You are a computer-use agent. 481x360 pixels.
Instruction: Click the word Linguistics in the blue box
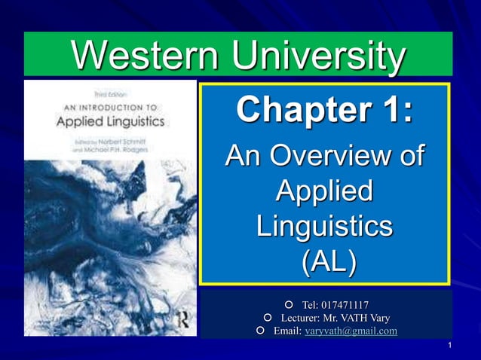point(324,227)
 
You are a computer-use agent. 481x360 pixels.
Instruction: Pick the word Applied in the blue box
point(324,192)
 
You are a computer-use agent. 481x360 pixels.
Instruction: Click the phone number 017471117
point(345,305)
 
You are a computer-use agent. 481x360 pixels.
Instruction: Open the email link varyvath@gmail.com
point(351,331)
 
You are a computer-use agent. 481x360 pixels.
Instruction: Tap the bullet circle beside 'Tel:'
point(290,305)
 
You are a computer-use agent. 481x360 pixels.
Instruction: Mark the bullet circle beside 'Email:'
point(260,331)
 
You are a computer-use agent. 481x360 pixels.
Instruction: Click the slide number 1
point(449,346)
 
